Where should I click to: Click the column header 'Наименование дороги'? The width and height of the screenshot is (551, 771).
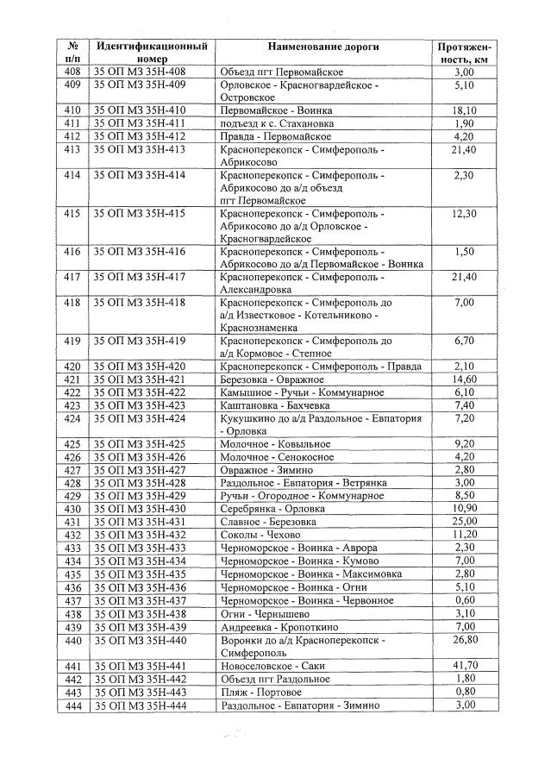coord(322,45)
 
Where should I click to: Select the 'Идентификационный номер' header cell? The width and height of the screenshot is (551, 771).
coord(152,51)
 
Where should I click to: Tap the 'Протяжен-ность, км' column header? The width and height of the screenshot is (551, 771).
coord(464,52)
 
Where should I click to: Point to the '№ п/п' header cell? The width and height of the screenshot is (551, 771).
coord(72,51)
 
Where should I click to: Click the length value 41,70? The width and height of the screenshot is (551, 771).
coord(465,666)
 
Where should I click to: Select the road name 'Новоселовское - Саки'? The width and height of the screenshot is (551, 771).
coord(270,666)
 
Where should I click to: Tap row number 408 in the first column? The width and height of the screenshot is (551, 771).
coord(72,72)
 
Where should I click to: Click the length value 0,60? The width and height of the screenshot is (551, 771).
coord(465,600)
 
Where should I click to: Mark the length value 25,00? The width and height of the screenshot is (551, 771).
coord(465,522)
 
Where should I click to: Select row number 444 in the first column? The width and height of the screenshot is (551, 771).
coord(72,705)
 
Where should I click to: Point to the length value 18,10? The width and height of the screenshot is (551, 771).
coord(465,110)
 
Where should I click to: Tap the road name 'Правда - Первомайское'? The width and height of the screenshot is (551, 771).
coord(276,136)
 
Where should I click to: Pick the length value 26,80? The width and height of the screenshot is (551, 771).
coord(465,640)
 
